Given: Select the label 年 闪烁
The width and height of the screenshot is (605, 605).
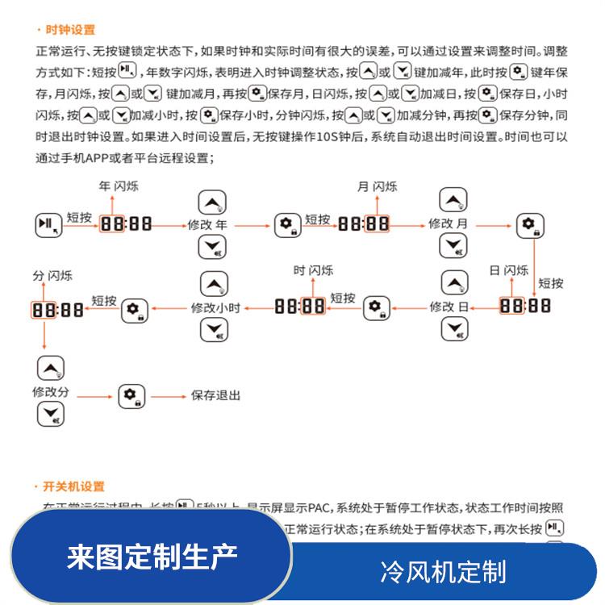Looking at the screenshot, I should [x=119, y=186].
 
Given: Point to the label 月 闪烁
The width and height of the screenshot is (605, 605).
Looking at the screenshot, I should [x=378, y=186].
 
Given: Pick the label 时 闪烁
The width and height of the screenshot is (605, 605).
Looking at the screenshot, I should [x=313, y=270].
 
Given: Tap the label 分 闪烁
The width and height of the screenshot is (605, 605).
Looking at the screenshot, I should [x=52, y=276].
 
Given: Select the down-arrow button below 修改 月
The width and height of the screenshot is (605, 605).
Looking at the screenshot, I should [x=454, y=246].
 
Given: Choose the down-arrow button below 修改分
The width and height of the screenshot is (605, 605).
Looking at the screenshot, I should [x=51, y=415].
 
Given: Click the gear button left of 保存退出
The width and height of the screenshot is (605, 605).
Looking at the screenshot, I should [x=131, y=395].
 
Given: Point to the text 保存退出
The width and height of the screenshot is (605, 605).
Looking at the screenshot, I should [x=215, y=396].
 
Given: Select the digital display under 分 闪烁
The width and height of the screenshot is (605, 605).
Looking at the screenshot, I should [x=58, y=309].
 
